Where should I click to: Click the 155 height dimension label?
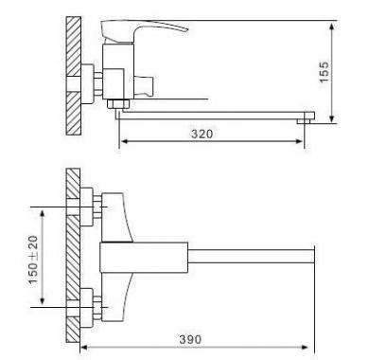[325, 72]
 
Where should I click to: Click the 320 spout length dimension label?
[202, 134]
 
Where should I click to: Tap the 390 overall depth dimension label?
[190, 339]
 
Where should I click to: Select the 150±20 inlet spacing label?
[33, 260]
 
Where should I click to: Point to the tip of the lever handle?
[187, 30]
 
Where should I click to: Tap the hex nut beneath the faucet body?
[117, 104]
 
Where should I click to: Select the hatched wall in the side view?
[74, 76]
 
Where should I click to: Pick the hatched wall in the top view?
[73, 255]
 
